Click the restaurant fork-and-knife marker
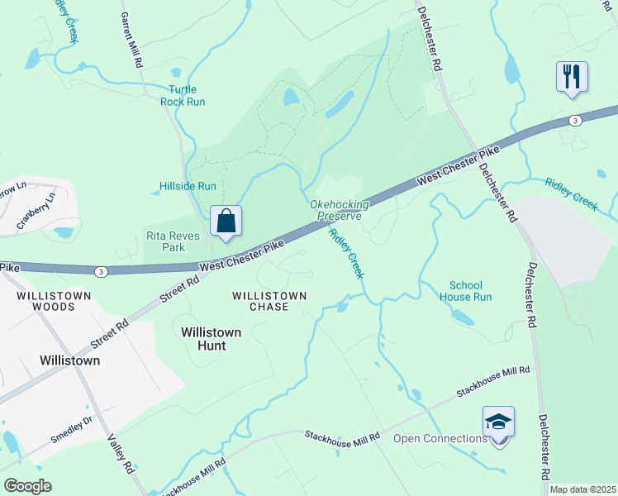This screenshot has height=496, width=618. coord(572,77)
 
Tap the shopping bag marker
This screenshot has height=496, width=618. coord(226,222)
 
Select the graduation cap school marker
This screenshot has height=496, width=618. coord(498,422)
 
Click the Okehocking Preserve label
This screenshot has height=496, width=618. coord(335,210)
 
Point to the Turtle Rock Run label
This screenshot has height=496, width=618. coord(187,96)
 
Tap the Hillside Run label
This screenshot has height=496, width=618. coord(187,187)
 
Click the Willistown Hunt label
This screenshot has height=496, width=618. coord(211,338)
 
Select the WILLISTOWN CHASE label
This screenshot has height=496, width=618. coord(269,301)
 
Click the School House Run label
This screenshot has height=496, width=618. coord(471,291)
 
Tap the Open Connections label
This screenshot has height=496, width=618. coord(440,438)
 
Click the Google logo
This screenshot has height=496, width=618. coord(26,486)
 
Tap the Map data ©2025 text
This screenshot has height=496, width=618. coord(582,489)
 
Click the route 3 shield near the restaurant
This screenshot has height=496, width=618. coord(575,121)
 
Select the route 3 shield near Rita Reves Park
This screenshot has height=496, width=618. coord(100,271)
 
